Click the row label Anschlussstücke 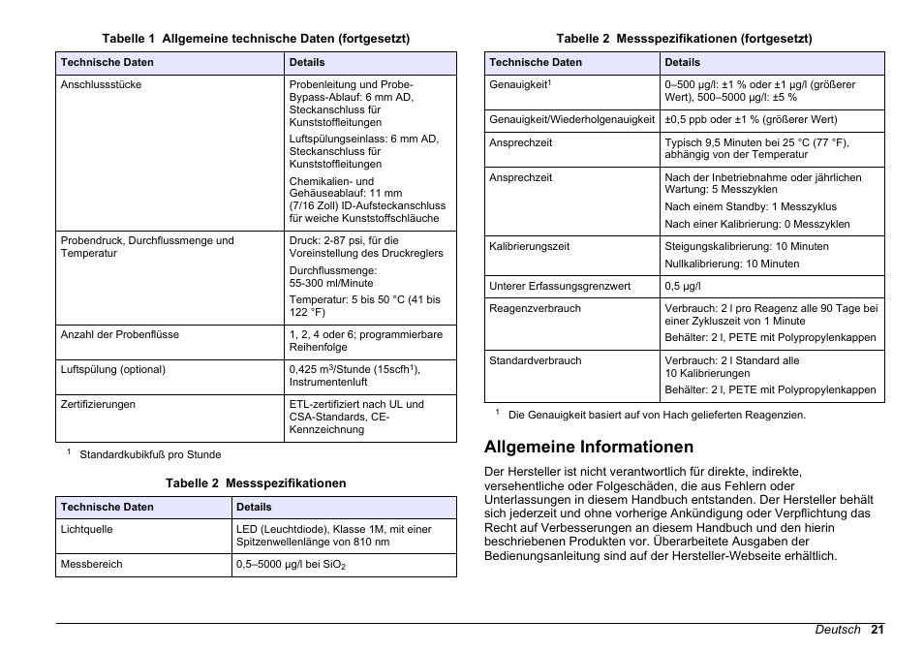coord(101,85)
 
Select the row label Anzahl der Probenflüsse coord(119,335)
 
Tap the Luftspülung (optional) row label coord(112,370)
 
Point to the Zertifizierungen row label coord(98,405)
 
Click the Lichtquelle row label coord(86,530)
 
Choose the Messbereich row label coord(91,564)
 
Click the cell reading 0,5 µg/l coord(682,287)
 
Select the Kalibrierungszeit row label coord(529,246)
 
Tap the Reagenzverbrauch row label coord(535,309)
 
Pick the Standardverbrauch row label coord(535,361)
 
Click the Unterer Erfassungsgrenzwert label coord(559,287)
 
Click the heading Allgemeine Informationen coord(589,448)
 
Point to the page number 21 coord(877,630)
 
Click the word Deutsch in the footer coord(837,630)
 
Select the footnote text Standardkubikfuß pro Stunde coord(150,454)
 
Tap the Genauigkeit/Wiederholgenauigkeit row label coord(571,120)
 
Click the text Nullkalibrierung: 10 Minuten coord(731,264)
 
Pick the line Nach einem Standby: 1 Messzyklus coord(750,206)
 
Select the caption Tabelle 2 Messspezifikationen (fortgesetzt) coord(683,39)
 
